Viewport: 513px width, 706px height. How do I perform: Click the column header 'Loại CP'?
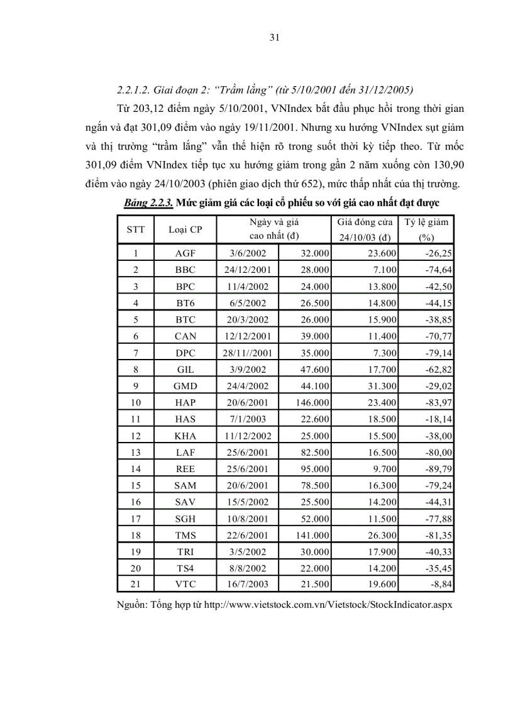tap(185, 229)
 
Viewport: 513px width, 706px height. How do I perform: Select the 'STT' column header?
tap(135, 229)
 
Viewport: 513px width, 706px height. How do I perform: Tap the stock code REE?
tap(185, 469)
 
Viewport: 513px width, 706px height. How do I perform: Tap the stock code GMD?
tap(185, 385)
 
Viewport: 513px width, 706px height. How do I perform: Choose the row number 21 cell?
tap(135, 584)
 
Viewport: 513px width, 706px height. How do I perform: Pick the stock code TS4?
tap(185, 568)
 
